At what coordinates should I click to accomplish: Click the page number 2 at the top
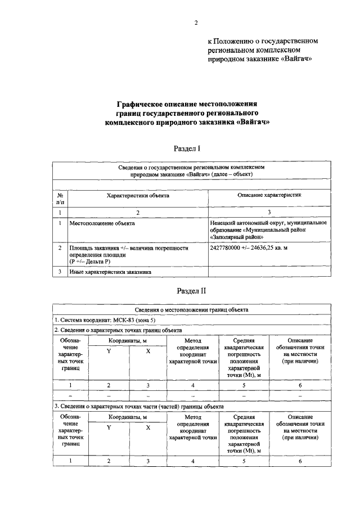point(196,23)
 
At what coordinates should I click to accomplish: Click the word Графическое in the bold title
point(138,103)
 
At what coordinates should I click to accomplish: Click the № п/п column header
point(60,198)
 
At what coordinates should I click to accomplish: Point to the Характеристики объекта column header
point(138,195)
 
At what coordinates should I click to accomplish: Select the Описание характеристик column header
point(269,195)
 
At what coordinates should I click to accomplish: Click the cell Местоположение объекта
point(102,223)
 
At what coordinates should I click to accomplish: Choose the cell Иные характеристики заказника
point(110,272)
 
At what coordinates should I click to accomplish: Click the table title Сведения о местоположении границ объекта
point(192,310)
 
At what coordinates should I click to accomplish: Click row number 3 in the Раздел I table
point(60,272)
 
